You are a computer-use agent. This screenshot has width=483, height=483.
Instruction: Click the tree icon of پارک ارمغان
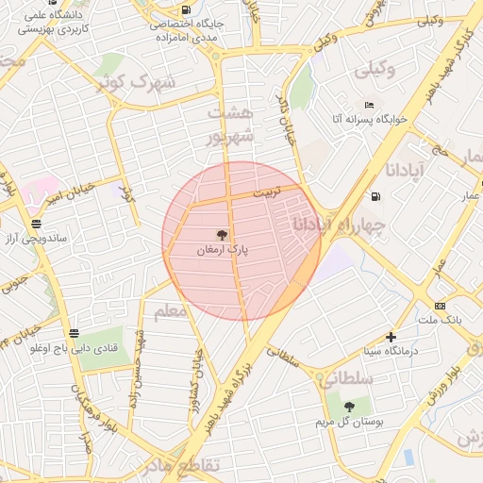coord(223,235)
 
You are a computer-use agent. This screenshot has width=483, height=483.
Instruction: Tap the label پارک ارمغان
coord(223,251)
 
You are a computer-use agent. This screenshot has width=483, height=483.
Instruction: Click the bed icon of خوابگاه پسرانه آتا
coord(370,105)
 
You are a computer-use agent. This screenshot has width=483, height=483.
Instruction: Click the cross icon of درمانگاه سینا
coord(391,337)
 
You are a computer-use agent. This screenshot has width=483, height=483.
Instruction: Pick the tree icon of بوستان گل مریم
coord(349,407)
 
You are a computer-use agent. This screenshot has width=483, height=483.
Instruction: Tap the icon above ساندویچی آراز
coord(36,224)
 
